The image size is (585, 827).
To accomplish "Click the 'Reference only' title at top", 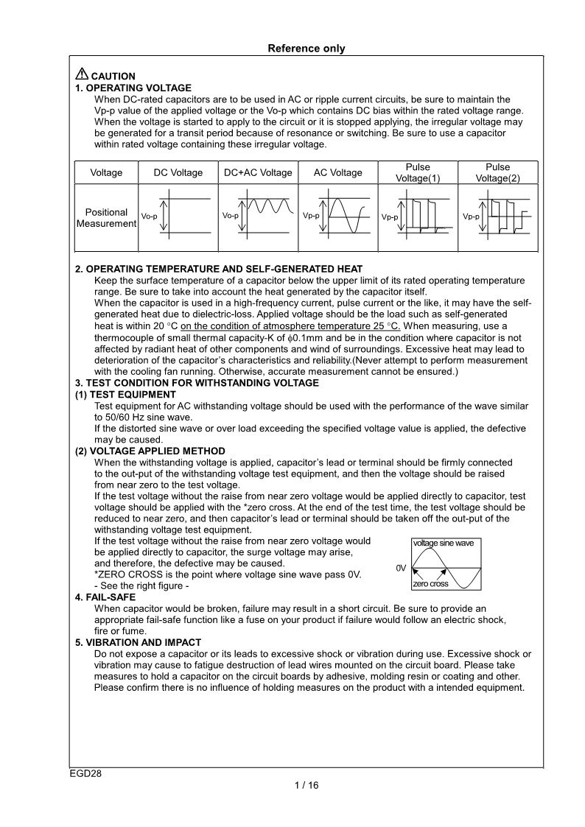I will click(306, 49).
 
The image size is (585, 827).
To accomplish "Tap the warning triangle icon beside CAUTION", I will click(81, 75).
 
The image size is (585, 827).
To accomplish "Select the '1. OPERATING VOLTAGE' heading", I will click(133, 88).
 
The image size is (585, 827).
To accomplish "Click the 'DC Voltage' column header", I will click(178, 172).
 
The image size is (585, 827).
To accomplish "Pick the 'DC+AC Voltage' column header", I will click(257, 172).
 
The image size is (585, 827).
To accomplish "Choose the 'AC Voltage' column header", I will click(337, 172).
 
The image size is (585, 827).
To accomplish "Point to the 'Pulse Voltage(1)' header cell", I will click(418, 172).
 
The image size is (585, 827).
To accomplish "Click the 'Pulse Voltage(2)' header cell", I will click(497, 172).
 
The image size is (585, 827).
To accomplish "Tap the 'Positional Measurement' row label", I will click(106, 217).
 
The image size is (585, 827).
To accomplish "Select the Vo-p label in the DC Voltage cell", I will click(149, 217).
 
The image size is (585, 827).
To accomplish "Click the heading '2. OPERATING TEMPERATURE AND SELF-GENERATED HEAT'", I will click(219, 269).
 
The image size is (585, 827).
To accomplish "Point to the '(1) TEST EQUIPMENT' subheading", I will click(125, 395).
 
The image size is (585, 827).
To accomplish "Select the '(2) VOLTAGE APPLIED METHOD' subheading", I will click(150, 451).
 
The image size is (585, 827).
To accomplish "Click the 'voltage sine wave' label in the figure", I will click(444, 543).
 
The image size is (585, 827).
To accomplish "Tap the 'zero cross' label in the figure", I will click(430, 584).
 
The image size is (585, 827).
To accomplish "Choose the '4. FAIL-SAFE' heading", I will click(105, 597).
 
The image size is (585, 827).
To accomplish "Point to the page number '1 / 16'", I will click(306, 785).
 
